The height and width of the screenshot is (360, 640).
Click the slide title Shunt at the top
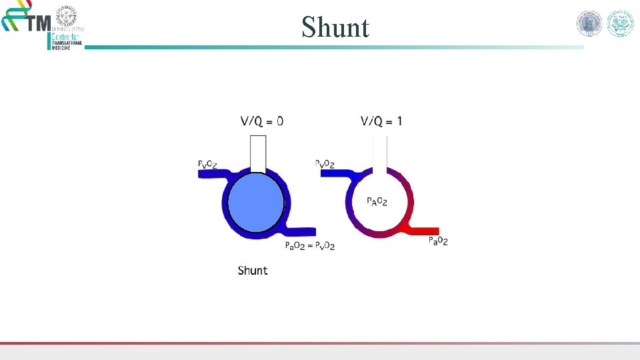coord(335,27)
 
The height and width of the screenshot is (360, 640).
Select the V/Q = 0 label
coord(261,121)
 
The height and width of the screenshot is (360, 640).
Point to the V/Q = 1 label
coord(381,121)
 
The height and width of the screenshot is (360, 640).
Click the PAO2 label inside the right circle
coord(377,201)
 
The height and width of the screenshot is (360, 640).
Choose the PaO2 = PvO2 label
coord(309,246)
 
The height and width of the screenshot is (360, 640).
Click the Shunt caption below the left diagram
coord(253,271)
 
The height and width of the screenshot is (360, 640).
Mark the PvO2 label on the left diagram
coord(207,163)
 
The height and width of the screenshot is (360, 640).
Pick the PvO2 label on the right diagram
coord(325,163)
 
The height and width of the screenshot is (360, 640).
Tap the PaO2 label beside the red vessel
coord(438,241)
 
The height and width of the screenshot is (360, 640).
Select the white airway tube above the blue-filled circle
coord(258,153)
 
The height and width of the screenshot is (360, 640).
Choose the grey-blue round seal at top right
coord(589,24)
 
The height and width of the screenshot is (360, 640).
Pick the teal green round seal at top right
coord(620,24)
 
